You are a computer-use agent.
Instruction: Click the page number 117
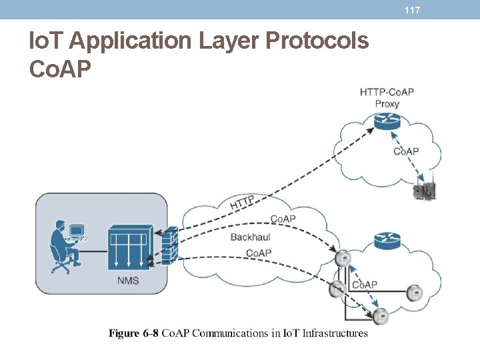coord(412,10)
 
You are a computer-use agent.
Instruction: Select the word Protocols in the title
coord(317,41)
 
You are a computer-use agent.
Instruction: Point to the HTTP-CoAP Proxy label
coord(387,97)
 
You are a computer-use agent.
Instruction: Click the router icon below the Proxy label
coord(385,122)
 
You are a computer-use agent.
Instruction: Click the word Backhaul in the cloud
coord(250,237)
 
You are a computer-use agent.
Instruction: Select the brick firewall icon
coord(169,245)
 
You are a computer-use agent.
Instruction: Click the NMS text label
coord(128,281)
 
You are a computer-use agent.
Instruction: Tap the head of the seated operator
coord(60,225)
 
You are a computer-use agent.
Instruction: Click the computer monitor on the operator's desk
coord(77,231)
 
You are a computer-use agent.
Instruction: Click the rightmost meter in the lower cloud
coord(415,292)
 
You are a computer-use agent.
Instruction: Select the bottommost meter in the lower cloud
coord(381,316)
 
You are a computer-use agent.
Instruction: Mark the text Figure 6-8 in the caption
coord(133,333)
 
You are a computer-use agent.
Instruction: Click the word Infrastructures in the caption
coord(335,333)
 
